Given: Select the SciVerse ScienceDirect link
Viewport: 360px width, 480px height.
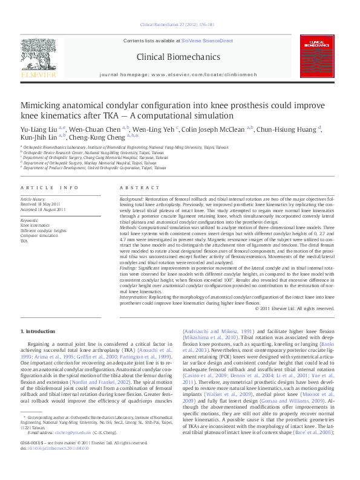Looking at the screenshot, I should [207, 41].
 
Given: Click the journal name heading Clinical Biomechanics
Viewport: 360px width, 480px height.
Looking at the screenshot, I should [178, 57].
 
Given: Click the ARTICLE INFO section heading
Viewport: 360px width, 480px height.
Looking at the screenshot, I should [50, 188].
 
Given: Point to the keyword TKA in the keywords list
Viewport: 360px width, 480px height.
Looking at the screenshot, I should [24, 241].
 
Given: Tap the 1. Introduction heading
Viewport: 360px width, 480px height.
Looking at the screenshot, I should [39, 331].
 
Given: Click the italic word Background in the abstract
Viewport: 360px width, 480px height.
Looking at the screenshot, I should [132, 198].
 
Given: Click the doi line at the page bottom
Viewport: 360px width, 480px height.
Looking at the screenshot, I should [54, 465].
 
